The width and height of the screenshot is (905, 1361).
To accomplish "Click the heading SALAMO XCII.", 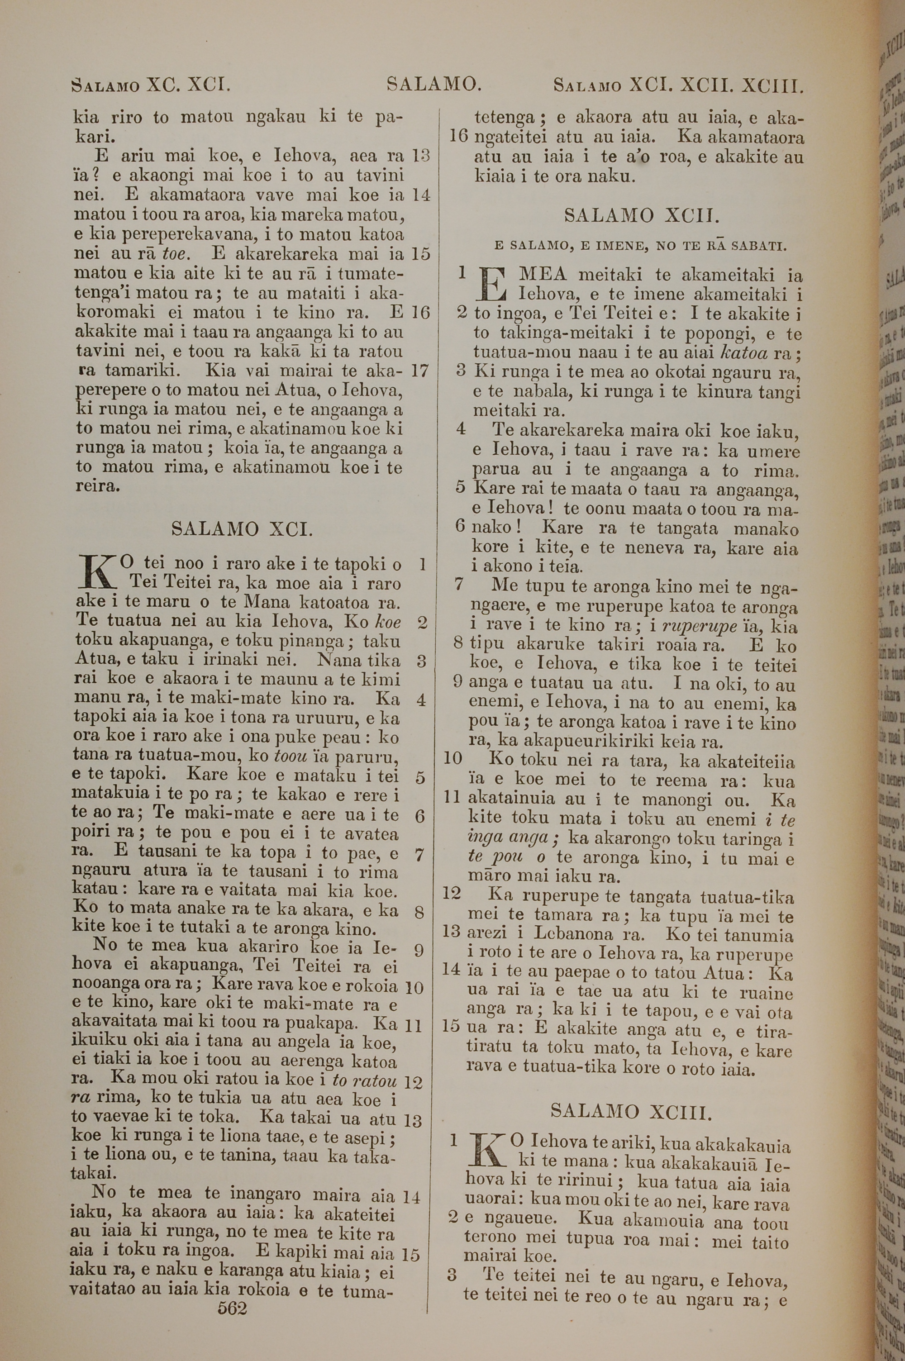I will point(641,216).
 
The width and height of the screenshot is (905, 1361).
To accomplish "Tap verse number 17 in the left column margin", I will point(419,371).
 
